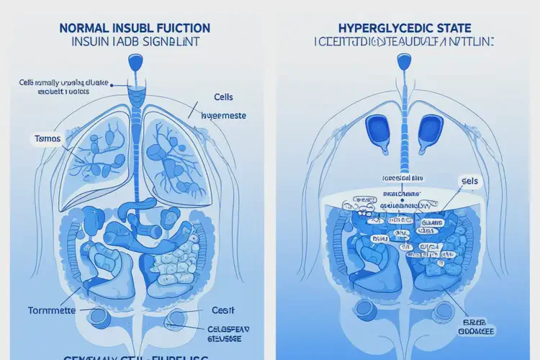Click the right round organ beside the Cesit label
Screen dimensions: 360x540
coord(178,319)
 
